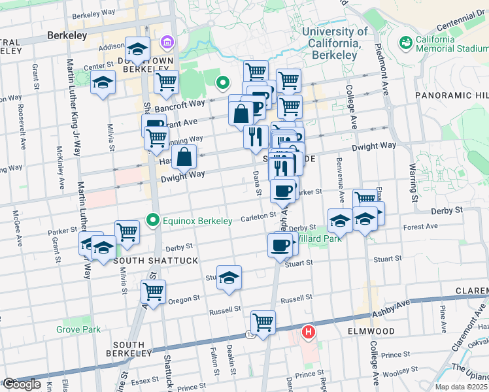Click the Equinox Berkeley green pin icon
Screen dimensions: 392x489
point(153,221)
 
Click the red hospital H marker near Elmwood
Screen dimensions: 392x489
point(307,333)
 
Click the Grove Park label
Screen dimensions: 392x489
point(78,329)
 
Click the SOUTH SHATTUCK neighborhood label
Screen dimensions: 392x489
point(146,261)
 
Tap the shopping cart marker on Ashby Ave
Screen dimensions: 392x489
point(263,321)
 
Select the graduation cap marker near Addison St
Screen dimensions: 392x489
point(138,48)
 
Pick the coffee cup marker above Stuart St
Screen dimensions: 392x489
point(280,245)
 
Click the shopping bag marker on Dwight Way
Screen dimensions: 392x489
point(185,157)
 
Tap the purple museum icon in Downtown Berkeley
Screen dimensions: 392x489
point(169,42)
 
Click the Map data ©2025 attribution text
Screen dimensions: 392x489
point(460,387)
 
